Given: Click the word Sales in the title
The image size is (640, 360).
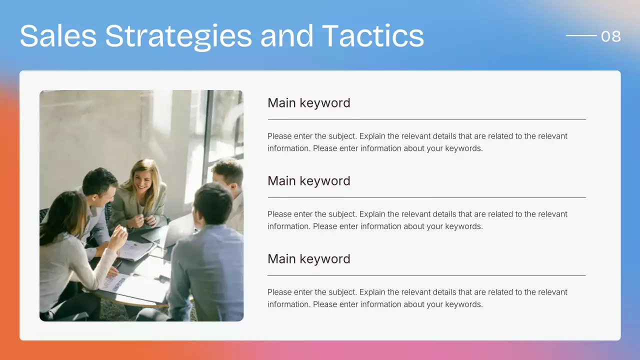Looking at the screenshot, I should [58, 36].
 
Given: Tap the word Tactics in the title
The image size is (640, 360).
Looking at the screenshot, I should [372, 36].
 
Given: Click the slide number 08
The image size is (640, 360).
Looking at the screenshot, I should [610, 36].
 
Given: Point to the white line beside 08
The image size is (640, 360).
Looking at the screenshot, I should [581, 35].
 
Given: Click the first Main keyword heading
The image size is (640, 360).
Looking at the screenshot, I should [308, 103].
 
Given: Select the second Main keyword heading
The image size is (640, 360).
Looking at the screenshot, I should [308, 181].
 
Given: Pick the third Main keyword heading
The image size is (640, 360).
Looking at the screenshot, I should [308, 259].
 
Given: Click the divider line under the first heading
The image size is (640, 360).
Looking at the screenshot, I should [426, 120].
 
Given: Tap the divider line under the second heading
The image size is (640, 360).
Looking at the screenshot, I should [426, 198].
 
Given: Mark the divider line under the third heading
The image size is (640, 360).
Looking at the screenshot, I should [426, 276].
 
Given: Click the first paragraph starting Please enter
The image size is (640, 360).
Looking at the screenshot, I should [417, 142].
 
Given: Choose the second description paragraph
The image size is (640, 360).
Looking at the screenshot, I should [417, 220].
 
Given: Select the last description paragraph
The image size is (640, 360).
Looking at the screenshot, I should [417, 298].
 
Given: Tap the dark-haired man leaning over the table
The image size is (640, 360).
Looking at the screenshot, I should [97, 190].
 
